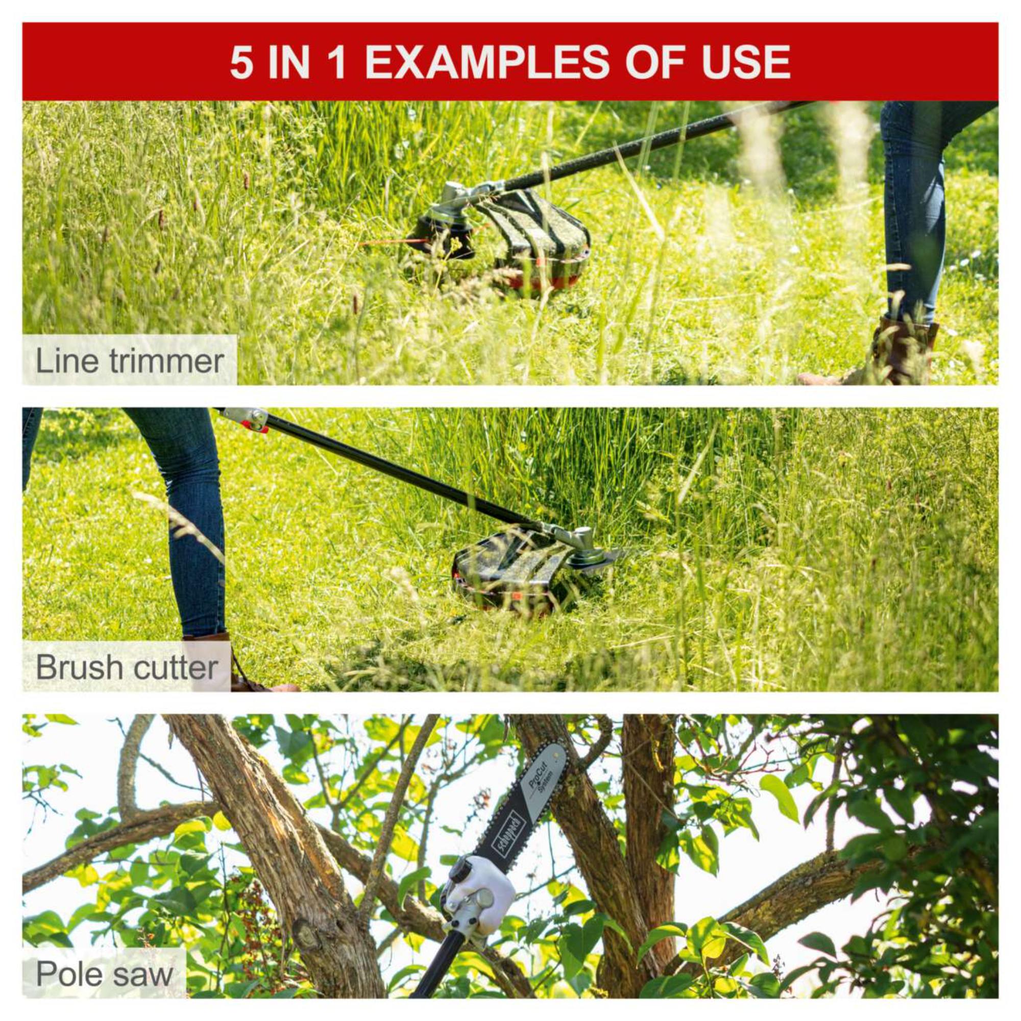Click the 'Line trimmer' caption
pyautogui.click(x=130, y=361)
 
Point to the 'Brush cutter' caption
pyautogui.click(x=127, y=667)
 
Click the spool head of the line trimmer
pyautogui.click(x=442, y=236)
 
